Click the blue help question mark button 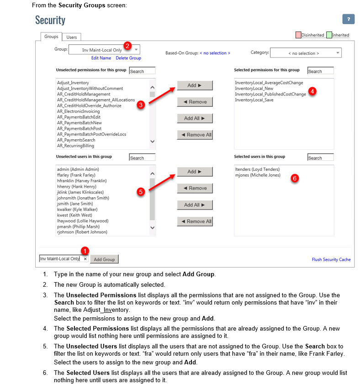tap(348, 19)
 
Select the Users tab tap(72, 37)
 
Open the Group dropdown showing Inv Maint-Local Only tap(105, 50)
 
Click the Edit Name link tap(101, 58)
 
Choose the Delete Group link tap(128, 58)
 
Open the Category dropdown tap(306, 53)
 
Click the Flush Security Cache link tap(331, 259)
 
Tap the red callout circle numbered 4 tap(312, 91)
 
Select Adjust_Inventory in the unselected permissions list tap(73, 83)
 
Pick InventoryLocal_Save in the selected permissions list tap(254, 100)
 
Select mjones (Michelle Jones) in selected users tap(257, 175)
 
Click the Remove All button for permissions tap(195, 135)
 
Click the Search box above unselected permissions tap(142, 71)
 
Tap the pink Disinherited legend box tap(298, 35)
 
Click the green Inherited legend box tap(329, 35)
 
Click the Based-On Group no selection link tap(215, 53)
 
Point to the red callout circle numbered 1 tap(85, 250)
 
